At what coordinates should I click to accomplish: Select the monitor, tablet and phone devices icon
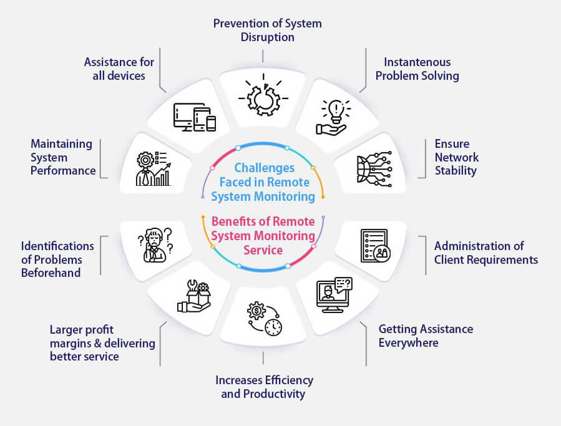tap(194, 117)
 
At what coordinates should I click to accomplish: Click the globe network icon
tap(374, 168)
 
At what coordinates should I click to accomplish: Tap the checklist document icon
tap(374, 245)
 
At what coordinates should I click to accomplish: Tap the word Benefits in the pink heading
tap(235, 221)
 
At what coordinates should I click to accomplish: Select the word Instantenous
tap(417, 62)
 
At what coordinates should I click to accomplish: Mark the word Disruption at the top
tap(267, 37)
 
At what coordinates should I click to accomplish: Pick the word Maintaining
tap(61, 143)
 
